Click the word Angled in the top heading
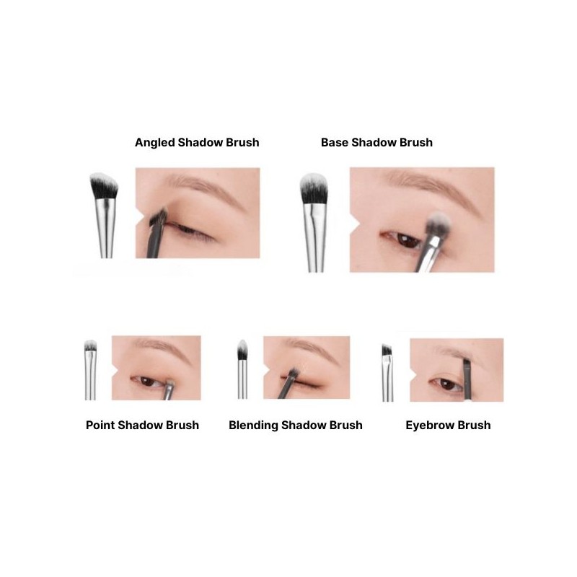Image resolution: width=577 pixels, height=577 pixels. pyautogui.click(x=155, y=142)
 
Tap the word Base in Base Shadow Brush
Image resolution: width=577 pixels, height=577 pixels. pyautogui.click(x=335, y=142)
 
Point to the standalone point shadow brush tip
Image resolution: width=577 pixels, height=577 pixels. pyautogui.click(x=91, y=348)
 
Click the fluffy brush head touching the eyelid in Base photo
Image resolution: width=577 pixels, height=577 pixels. pyautogui.click(x=438, y=224)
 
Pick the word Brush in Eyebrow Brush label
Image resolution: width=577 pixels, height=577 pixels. pyautogui.click(x=474, y=425)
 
